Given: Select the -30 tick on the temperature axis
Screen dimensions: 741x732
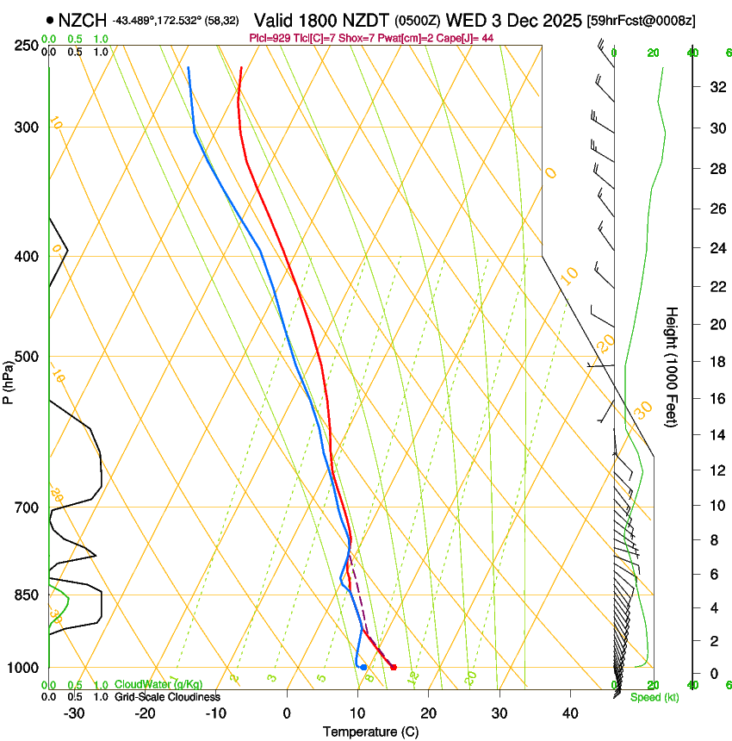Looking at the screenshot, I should pyautogui.click(x=74, y=713).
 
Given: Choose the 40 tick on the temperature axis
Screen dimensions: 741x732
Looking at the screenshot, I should pyautogui.click(x=569, y=713).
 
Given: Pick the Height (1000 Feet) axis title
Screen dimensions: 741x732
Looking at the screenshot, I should pyautogui.click(x=672, y=367).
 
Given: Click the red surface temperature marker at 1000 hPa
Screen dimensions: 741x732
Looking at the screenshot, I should pyautogui.click(x=394, y=667).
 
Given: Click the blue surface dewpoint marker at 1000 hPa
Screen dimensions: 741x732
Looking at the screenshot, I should pyautogui.click(x=363, y=667).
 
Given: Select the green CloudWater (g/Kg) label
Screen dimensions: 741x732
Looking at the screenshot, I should pyautogui.click(x=158, y=685).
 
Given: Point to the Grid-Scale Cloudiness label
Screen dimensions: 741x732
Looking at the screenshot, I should pyautogui.click(x=167, y=696).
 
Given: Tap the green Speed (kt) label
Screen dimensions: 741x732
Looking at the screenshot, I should pyautogui.click(x=654, y=696).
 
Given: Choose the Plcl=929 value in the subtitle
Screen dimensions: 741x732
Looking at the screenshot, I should pyautogui.click(x=267, y=38).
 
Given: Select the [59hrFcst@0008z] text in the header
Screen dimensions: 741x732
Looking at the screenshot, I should pyautogui.click(x=641, y=20).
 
